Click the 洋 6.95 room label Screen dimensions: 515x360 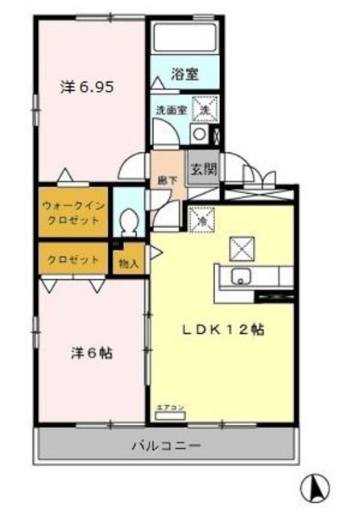coord(90,86)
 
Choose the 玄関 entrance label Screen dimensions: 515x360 coord(202,170)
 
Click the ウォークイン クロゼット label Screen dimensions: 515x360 coord(72,212)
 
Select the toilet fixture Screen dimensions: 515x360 coord(128,220)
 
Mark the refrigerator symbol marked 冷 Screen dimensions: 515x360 coord(197,218)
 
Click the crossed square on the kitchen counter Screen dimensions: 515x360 coord(240,247)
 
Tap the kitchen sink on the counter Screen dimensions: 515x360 coord(241,277)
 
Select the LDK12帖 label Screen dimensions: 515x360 coord(222,329)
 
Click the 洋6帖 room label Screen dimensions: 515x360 coord(90,352)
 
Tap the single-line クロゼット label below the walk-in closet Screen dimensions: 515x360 coord(72,260)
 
